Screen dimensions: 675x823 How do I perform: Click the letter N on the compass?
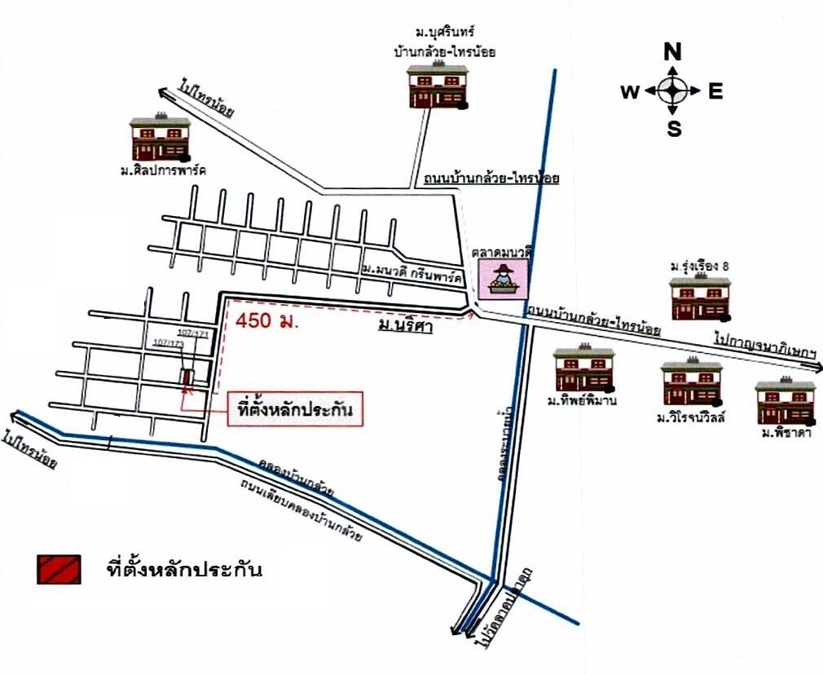tap(673, 53)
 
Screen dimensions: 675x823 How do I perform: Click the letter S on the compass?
tap(674, 128)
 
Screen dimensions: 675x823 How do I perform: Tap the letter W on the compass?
tap(630, 91)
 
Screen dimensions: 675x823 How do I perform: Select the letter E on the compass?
tap(715, 91)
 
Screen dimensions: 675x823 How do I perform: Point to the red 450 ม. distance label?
tap(268, 320)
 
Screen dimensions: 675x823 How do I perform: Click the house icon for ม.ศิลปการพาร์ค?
tap(160, 139)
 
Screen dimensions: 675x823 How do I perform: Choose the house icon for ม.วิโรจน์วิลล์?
tap(691, 384)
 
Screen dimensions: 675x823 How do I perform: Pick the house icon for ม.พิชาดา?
tap(785, 401)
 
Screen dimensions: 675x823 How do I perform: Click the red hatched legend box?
tap(58, 569)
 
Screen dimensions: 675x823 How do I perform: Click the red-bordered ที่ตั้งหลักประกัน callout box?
tap(296, 410)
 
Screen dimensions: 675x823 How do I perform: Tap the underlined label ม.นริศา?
tap(404, 327)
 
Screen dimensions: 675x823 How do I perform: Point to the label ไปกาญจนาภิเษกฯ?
tap(765, 346)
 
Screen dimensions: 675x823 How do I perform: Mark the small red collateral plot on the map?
tap(188, 377)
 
